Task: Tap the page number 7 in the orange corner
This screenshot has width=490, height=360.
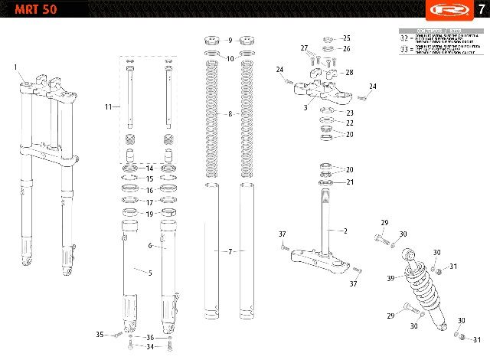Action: [479, 10]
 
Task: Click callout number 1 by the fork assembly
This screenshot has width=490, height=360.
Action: [16, 67]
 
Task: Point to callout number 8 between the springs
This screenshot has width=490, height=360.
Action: [230, 114]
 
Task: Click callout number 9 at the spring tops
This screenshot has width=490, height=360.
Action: [229, 39]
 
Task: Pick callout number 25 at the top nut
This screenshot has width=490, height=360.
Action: [346, 38]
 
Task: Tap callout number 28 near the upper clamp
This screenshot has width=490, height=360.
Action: [349, 73]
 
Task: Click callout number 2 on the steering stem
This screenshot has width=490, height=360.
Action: [345, 231]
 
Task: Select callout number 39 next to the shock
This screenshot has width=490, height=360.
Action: [390, 278]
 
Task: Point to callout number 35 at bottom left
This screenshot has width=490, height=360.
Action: [100, 335]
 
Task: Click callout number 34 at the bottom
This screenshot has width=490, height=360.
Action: [150, 347]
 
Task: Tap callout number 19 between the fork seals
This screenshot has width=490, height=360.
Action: [150, 214]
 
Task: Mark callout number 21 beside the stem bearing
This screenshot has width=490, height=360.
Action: [349, 182]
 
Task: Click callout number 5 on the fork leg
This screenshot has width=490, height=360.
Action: [150, 273]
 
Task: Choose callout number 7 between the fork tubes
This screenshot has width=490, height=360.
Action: [229, 251]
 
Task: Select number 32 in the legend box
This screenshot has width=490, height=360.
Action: [405, 38]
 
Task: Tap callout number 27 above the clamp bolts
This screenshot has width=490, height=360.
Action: [304, 48]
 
